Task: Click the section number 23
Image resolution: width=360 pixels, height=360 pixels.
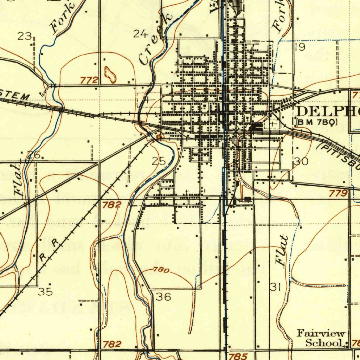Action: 25,36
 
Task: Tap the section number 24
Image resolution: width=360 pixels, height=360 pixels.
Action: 140,34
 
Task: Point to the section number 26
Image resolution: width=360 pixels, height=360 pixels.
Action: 34,154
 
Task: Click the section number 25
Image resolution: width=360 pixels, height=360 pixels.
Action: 159,161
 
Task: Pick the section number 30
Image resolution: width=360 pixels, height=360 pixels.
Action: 301,161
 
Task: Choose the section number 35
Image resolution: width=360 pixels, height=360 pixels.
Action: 45,291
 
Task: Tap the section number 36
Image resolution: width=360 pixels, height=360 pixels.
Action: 163,297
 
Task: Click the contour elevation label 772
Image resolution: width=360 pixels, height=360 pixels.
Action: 89,81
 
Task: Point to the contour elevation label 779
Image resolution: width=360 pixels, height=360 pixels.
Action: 339,193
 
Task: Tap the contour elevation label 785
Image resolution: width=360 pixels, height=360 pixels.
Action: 238,356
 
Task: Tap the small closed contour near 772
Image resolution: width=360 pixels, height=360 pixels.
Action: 110,74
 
